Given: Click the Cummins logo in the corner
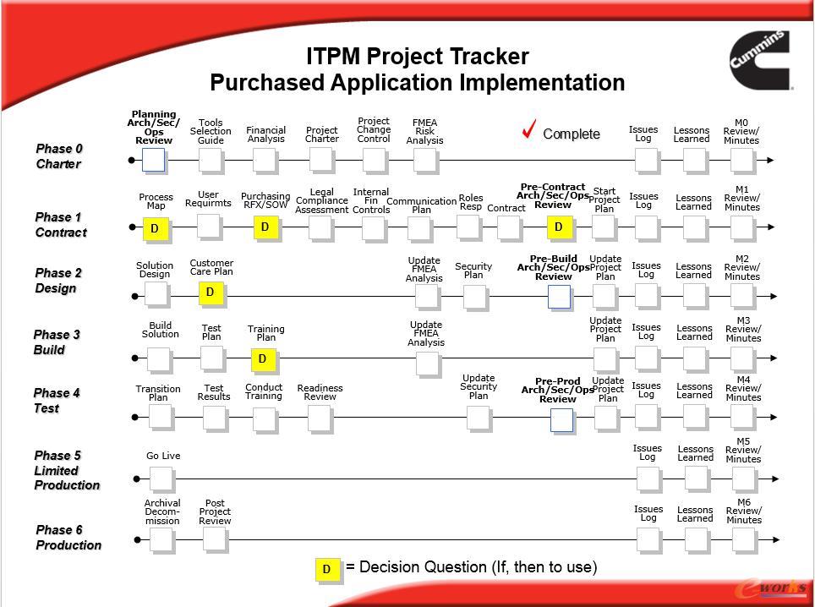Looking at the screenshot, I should click(760, 60).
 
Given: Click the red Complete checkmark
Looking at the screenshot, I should click(530, 130).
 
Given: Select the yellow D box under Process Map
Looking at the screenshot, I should click(155, 228).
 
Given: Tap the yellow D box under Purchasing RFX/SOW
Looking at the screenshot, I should click(265, 227).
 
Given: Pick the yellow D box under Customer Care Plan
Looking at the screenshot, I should click(210, 293).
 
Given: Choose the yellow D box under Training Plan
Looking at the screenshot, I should click(263, 359).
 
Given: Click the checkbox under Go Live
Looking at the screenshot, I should click(161, 478).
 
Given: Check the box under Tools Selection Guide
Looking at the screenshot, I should click(211, 160).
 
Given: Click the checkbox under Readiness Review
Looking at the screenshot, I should click(319, 417).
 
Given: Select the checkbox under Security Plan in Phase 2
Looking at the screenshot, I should click(474, 296).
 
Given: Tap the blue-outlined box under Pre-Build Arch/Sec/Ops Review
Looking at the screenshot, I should click(559, 297).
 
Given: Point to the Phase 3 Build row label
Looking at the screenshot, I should click(57, 342).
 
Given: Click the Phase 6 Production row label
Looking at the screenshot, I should click(68, 538).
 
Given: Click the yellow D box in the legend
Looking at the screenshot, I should click(327, 570).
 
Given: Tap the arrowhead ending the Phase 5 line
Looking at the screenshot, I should click(774, 478).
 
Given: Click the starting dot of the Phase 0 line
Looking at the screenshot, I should click(132, 160).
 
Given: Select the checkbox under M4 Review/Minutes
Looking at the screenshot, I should click(741, 416).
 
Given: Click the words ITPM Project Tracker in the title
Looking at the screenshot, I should click(417, 57).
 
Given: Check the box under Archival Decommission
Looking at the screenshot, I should click(161, 539).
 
